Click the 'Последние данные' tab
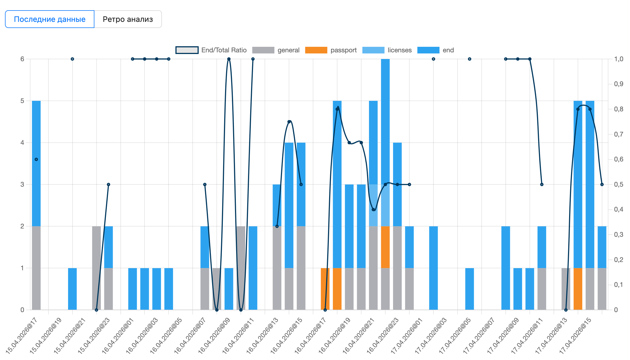50,19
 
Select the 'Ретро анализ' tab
128,19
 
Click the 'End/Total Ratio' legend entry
211,50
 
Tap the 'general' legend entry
276,50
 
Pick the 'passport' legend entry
331,50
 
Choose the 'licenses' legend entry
387,50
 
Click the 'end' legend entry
436,50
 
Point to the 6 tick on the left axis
22,59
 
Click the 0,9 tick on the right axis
619,84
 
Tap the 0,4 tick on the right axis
619,209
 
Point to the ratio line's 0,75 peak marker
289,122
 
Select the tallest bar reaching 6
385,184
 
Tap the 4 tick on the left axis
22,143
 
